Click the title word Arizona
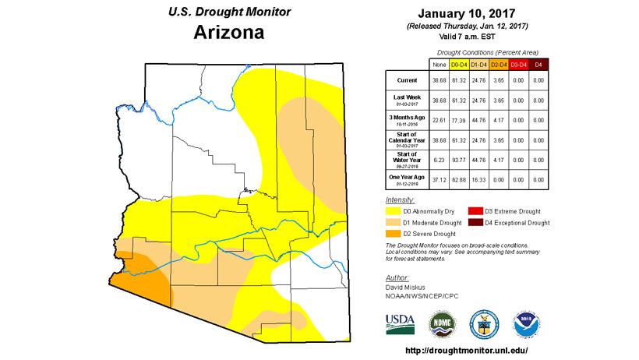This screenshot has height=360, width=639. [228, 34]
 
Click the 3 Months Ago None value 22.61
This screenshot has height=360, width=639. [438, 119]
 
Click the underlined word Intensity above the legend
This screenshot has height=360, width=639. [400, 199]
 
